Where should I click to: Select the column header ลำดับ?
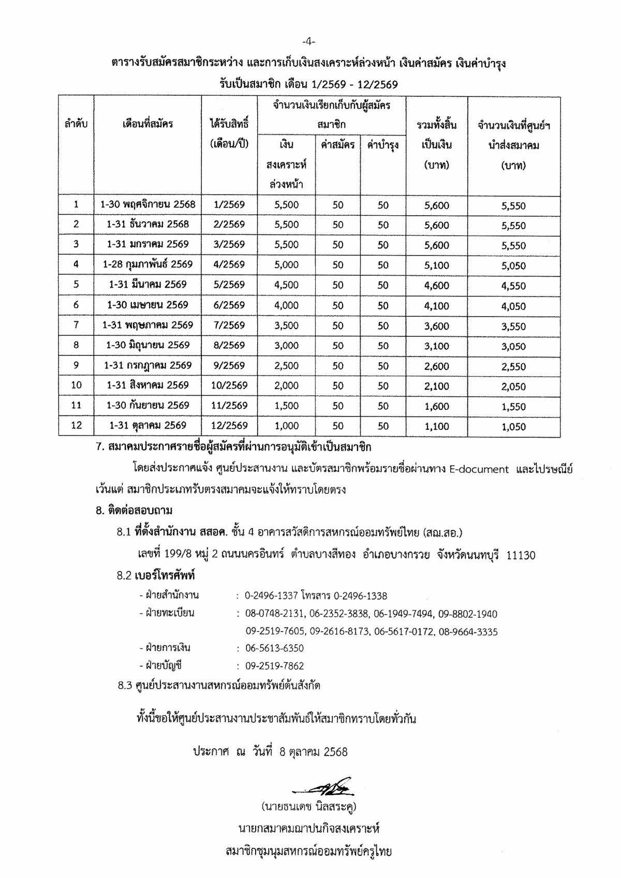coord(76,124)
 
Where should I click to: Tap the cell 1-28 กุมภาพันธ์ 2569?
coord(148,264)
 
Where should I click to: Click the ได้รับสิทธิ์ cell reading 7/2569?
coord(229,325)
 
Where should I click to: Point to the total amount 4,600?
coord(436,285)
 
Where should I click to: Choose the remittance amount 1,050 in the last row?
coord(513,427)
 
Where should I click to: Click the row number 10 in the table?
coord(76,385)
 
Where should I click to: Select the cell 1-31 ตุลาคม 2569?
coord(148,425)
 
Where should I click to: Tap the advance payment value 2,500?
coord(287,365)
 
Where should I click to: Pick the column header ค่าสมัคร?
coord(337,145)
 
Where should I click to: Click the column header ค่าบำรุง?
coord(382,145)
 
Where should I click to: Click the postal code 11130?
coord(521,555)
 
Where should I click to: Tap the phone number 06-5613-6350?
coord(274,648)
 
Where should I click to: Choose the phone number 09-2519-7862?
coord(274,666)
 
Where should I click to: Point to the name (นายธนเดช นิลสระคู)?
coord(309,807)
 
